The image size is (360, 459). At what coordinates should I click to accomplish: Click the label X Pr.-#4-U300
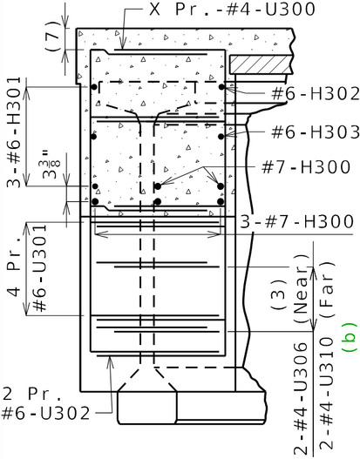[x=232, y=9]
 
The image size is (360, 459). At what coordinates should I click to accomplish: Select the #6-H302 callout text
[x=316, y=94]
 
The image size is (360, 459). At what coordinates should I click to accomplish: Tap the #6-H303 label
[x=316, y=132]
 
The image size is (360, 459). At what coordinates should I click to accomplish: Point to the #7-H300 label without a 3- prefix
[x=306, y=167]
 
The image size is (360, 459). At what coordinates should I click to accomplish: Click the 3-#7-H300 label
[x=297, y=221]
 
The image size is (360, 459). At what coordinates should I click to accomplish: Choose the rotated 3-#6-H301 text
[x=14, y=132]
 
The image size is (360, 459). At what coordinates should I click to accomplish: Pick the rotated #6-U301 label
[x=39, y=268]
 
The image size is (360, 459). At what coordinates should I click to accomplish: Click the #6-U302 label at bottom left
[x=45, y=414]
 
